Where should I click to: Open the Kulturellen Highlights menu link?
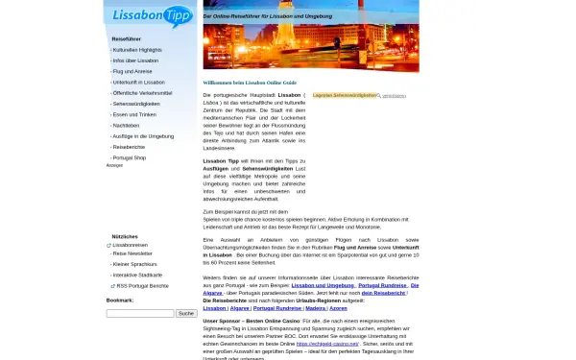tap(137, 49)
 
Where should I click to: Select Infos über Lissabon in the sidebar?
tap(135, 60)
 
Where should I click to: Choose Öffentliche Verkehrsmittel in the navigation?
tap(143, 92)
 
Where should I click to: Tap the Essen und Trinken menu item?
tap(134, 114)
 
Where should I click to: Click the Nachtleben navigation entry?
tap(127, 125)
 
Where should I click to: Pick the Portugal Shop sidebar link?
tap(129, 156)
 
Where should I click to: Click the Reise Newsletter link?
tap(132, 253)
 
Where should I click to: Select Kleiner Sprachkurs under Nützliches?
tap(135, 263)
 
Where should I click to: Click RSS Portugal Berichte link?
tap(142, 285)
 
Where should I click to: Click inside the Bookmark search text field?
tap(139, 313)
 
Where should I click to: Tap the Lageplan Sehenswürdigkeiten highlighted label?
tap(345, 96)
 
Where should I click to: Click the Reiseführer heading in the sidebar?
tap(127, 38)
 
